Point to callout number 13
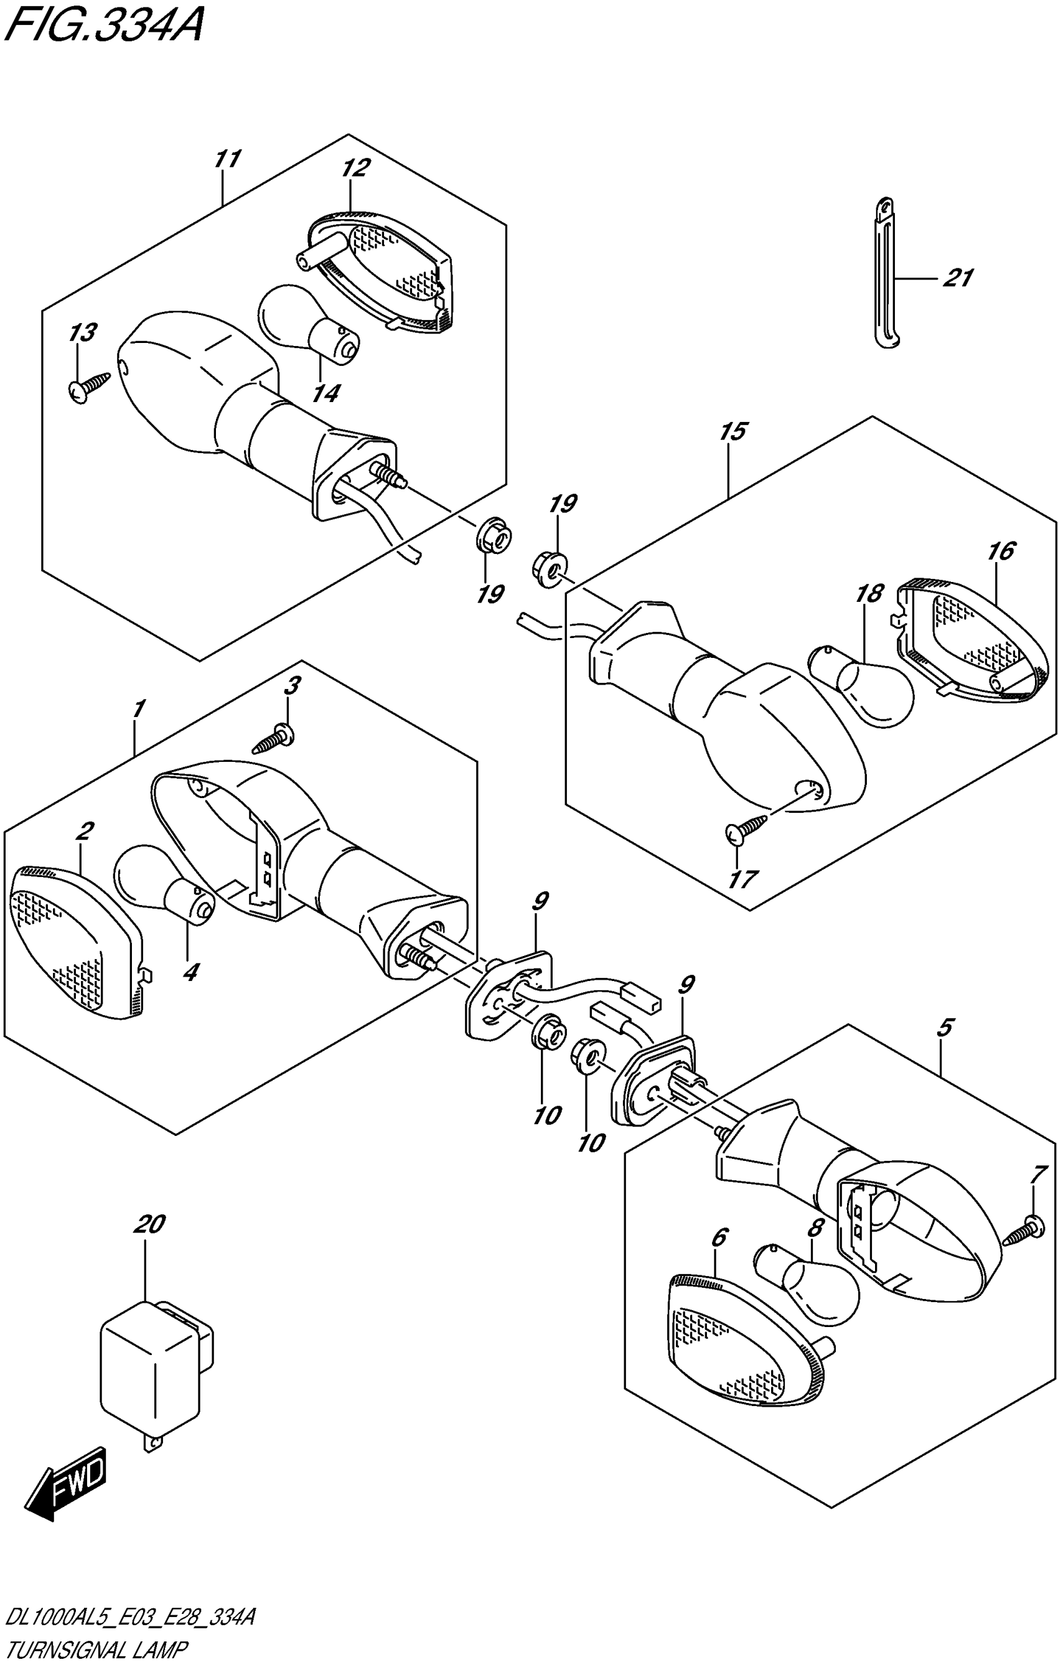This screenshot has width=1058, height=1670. pos(83,333)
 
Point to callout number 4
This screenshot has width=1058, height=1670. pos(189,972)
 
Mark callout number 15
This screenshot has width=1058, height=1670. pos(733,431)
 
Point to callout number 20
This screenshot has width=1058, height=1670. pos(150,1225)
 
